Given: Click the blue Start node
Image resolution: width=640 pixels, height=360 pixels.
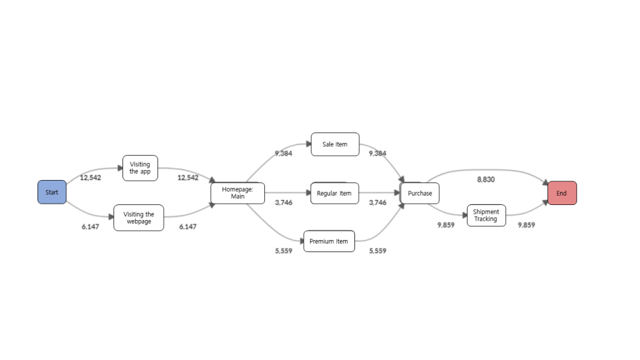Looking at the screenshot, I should [x=52, y=192].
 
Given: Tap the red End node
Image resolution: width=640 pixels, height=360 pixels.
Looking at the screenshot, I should [x=562, y=193].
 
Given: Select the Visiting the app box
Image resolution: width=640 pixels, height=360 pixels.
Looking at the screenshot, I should [x=140, y=168].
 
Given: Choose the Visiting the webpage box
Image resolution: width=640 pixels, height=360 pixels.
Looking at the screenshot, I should [x=138, y=217].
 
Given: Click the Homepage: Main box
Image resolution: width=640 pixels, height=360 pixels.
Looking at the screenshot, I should [x=237, y=193].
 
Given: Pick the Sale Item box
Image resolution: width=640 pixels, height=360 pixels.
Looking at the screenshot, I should [x=335, y=144].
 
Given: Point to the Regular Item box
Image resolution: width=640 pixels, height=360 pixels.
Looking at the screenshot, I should [x=334, y=193].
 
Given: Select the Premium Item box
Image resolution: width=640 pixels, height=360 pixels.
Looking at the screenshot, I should [x=329, y=241].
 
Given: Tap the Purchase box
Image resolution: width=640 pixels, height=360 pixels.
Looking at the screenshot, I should [x=419, y=193].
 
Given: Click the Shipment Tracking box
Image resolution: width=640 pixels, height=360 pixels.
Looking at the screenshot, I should [x=486, y=216].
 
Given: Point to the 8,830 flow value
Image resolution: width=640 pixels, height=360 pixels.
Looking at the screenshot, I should [x=486, y=179].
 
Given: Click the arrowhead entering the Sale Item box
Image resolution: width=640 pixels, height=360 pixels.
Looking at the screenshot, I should [x=308, y=144].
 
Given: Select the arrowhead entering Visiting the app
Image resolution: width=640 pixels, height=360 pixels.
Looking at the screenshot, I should [x=119, y=168].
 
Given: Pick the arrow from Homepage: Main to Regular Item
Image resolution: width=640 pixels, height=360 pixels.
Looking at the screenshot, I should [x=287, y=193].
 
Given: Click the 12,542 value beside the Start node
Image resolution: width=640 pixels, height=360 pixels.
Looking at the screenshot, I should [x=91, y=177].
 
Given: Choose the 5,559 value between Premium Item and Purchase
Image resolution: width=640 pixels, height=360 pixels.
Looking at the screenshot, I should [x=377, y=251].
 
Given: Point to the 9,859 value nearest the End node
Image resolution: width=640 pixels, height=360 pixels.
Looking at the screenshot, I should [x=526, y=225].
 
